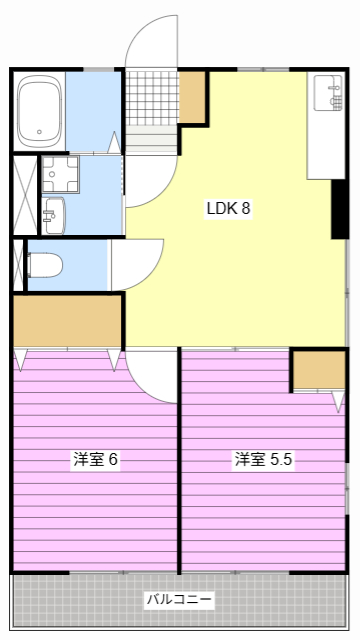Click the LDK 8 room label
coord(228,210)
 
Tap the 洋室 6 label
coord(96,460)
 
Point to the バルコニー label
coord(179,600)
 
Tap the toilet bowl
coord(46,265)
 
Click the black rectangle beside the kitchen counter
coord(339,210)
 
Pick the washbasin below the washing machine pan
coord(53,211)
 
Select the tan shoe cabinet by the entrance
coord(192,95)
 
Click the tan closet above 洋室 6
coord(67,320)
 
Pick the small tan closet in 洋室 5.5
coord(318,370)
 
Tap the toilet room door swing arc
coord(135,262)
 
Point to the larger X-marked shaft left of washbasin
coord(24,194)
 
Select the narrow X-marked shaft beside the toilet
coord(17,265)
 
